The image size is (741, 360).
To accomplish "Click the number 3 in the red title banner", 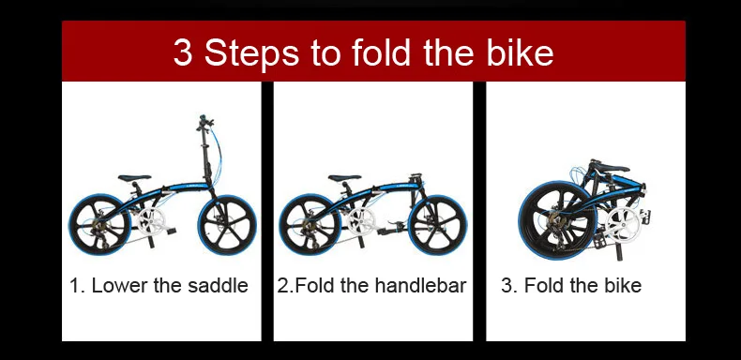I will click(183, 53).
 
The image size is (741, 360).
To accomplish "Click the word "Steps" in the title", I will click(254, 53).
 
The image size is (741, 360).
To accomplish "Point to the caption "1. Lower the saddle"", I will click(159, 286).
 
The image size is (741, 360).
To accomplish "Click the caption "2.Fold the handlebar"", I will click(371, 286).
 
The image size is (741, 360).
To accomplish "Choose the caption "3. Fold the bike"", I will click(571, 286).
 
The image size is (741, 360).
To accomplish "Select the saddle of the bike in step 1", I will click(136, 177).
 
